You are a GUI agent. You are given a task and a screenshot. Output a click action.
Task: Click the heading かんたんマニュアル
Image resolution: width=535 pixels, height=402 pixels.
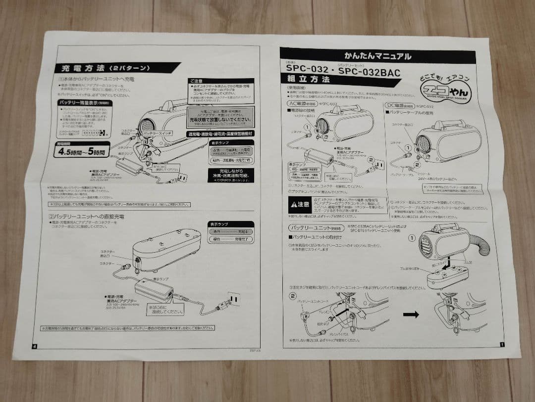(x=377, y=56)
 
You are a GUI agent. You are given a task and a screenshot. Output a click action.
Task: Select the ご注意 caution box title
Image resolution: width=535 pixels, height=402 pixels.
(x=196, y=81)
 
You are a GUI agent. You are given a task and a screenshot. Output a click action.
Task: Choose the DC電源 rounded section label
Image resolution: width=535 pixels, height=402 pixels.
(x=399, y=106)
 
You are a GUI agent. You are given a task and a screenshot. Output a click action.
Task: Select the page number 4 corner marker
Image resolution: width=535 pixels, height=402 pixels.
(x=34, y=346)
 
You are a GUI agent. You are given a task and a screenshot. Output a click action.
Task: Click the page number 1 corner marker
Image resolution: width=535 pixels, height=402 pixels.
(x=502, y=345)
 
